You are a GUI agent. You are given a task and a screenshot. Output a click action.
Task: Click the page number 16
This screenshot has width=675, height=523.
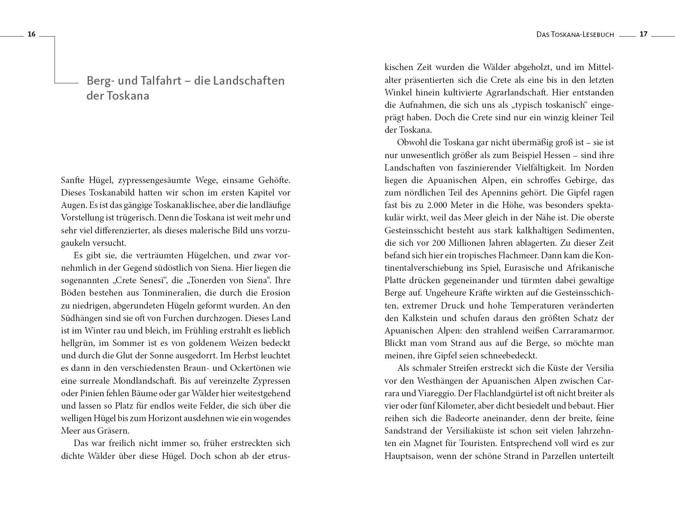coord(31,34)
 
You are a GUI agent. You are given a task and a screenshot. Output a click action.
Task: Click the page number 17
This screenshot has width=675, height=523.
coord(643,34)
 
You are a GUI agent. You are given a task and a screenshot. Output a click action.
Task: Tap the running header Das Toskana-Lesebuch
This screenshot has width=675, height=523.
coord(575,35)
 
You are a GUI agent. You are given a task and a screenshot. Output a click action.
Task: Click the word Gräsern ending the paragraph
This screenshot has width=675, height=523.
coord(114,431)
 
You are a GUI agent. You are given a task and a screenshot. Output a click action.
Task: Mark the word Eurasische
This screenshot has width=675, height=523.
coord(525,268)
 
